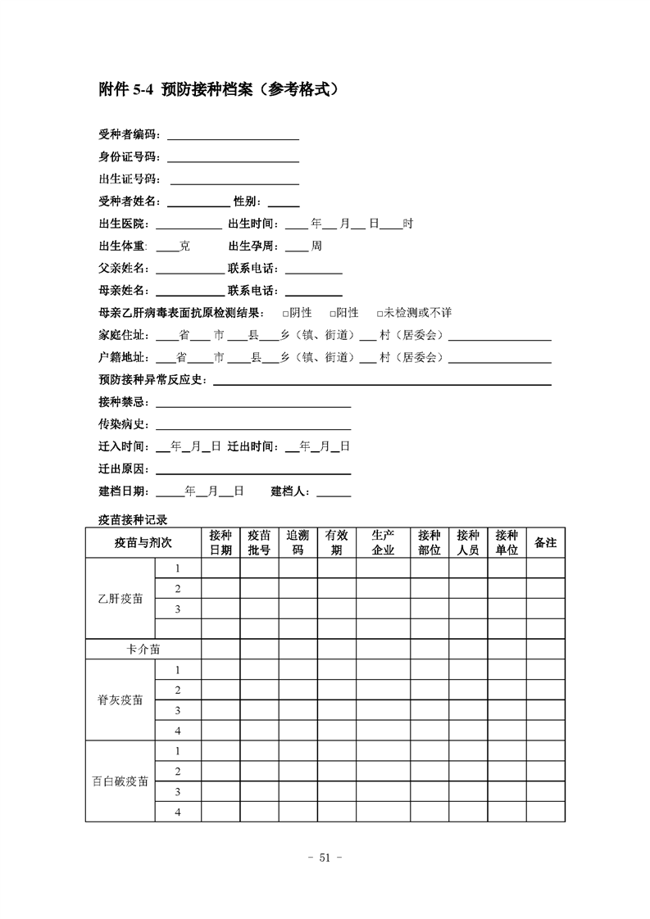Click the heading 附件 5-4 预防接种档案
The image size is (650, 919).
pos(218,89)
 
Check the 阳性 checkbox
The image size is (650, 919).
pos(333,313)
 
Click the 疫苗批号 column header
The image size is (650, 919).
pos(259,542)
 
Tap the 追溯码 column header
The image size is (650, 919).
pos(298,542)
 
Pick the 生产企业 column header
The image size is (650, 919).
pos(383,542)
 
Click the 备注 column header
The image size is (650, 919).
pos(545,542)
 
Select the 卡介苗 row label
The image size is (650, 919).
pos(143,649)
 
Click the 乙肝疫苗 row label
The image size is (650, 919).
pos(120,599)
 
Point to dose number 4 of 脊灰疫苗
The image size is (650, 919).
pos(177,731)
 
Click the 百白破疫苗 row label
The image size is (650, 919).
pos(120,781)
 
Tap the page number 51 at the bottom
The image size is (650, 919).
pos(324,858)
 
